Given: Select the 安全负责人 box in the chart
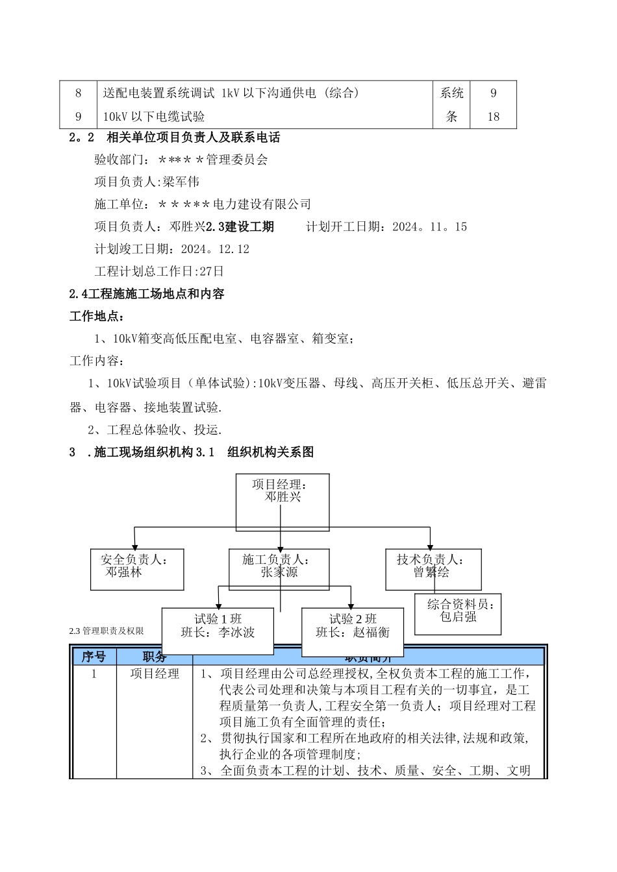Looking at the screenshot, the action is click(x=137, y=569).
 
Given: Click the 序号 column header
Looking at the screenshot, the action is click(x=94, y=657).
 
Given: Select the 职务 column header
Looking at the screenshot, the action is click(x=155, y=657).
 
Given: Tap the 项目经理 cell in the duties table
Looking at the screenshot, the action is click(x=155, y=674).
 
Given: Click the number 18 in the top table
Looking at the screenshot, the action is click(x=493, y=117).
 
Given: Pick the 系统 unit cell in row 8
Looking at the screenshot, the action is click(x=451, y=93).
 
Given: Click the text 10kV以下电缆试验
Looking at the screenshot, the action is click(x=154, y=117).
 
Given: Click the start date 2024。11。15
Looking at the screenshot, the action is click(x=429, y=227).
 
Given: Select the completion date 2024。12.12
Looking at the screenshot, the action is click(x=215, y=249).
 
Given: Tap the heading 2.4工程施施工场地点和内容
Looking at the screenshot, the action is click(x=147, y=294).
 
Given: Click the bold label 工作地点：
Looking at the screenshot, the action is click(x=97, y=317).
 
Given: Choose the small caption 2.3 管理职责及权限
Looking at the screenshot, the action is click(x=107, y=631).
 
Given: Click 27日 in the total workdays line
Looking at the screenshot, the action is click(x=212, y=271).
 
